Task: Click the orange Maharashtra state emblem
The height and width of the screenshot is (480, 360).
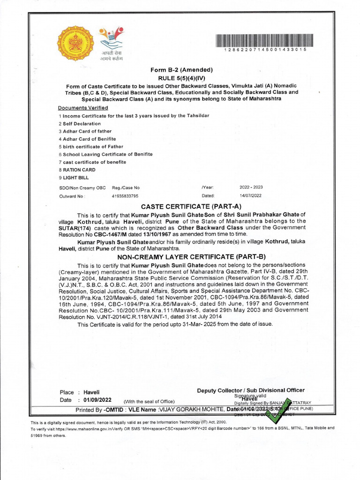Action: coord(75,44)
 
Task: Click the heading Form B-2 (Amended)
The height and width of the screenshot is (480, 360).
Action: coord(181,70)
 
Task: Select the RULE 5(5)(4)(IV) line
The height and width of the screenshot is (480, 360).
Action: coord(182,78)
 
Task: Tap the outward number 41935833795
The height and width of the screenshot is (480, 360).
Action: coord(125,195)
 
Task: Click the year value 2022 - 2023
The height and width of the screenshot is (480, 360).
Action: coord(251,187)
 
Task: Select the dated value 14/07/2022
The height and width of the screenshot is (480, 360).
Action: coord(251,195)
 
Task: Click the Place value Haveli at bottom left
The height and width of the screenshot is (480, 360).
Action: coord(91,392)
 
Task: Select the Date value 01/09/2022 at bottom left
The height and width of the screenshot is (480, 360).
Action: coord(97,400)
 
